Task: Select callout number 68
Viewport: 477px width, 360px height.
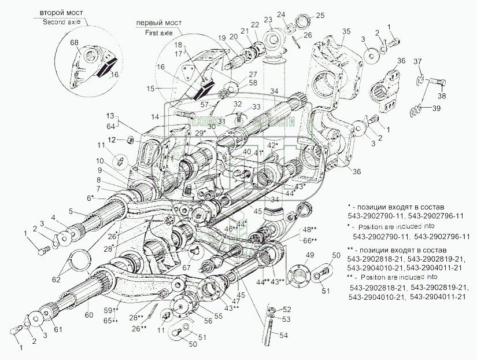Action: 75,42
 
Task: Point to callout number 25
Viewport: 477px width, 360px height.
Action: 320,14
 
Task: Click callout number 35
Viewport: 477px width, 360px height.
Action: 346,31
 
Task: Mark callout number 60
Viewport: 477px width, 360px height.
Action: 88,315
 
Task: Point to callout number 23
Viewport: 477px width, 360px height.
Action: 267,20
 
